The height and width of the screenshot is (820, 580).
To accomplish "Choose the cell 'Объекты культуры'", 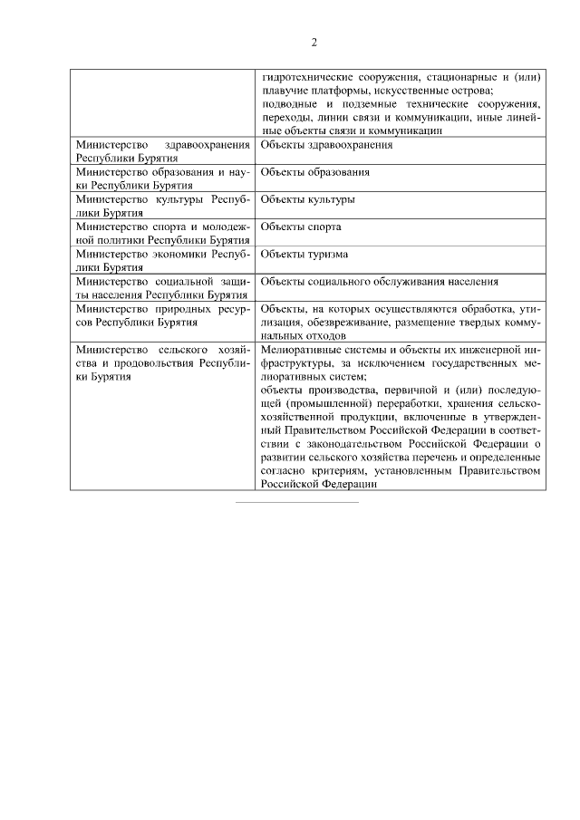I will [307, 198].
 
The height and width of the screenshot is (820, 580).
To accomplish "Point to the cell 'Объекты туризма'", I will [304, 254].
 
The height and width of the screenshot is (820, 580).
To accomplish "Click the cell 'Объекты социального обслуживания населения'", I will [379, 282].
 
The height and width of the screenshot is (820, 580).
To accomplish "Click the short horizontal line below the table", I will [297, 501].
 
